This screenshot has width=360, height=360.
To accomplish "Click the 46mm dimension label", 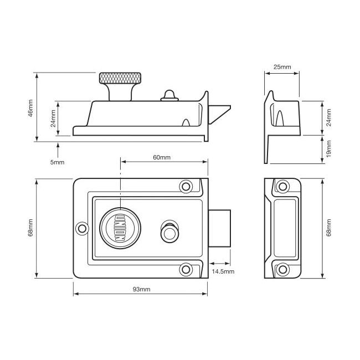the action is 30,108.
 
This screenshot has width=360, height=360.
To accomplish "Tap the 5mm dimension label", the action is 57,162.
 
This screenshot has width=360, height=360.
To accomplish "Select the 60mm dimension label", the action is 162,157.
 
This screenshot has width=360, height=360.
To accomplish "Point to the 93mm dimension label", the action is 141,289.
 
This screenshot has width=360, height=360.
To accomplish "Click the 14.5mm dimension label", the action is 223,271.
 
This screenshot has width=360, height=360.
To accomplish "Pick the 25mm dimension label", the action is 282,67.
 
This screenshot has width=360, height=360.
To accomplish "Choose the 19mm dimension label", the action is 328,149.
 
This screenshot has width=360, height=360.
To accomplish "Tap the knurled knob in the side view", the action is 120,78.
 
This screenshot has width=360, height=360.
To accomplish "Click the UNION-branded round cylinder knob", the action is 120,228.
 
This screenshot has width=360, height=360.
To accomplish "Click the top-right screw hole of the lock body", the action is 186,187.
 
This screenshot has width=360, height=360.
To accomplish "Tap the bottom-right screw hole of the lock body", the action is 186,270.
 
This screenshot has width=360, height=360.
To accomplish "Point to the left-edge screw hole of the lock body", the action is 82,228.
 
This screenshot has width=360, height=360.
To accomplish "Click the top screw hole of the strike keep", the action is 282,187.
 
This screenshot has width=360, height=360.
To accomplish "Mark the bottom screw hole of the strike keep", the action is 282,270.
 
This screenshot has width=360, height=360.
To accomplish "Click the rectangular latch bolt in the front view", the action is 219,228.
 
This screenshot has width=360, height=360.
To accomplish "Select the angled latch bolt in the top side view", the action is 219,115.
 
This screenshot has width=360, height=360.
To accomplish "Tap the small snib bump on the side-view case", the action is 169,96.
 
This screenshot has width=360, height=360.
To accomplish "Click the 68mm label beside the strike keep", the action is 328,228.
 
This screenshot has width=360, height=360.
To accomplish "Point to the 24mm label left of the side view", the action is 53,119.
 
